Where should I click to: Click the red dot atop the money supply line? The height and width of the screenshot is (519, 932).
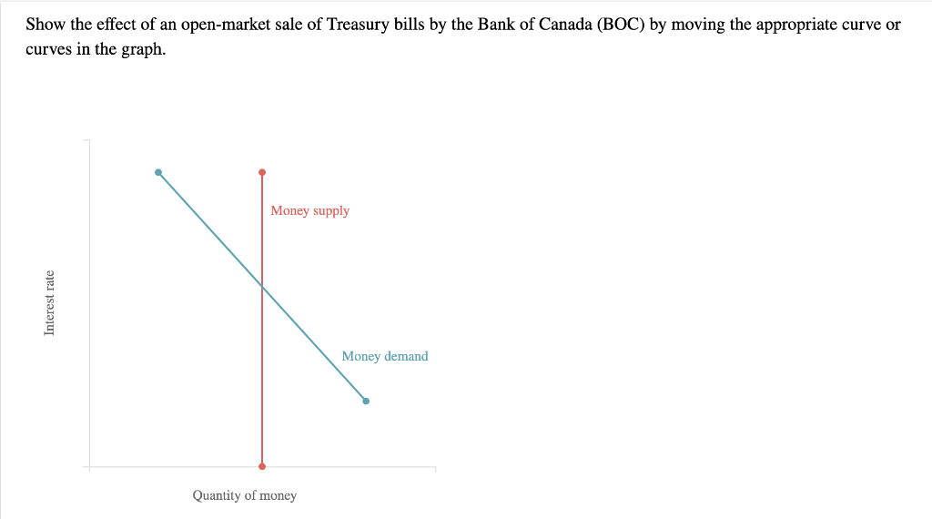click(x=262, y=171)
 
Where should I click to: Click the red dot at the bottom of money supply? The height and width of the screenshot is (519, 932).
click(x=262, y=466)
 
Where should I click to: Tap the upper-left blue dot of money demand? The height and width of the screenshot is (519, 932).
click(x=158, y=172)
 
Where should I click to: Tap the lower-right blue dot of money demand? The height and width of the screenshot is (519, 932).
click(x=366, y=401)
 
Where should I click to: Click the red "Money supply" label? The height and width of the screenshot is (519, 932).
click(x=309, y=211)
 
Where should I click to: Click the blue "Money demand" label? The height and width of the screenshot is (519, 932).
click(x=384, y=356)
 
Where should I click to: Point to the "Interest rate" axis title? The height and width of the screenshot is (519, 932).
click(x=49, y=303)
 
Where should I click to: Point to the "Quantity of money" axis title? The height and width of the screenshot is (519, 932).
click(x=244, y=495)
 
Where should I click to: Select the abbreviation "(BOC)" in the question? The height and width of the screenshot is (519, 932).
click(x=620, y=25)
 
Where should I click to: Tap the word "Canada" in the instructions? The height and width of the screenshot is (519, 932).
click(x=564, y=25)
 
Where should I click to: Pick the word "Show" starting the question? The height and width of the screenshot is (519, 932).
click(x=44, y=25)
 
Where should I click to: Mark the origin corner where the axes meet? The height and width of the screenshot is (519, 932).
click(x=89, y=467)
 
